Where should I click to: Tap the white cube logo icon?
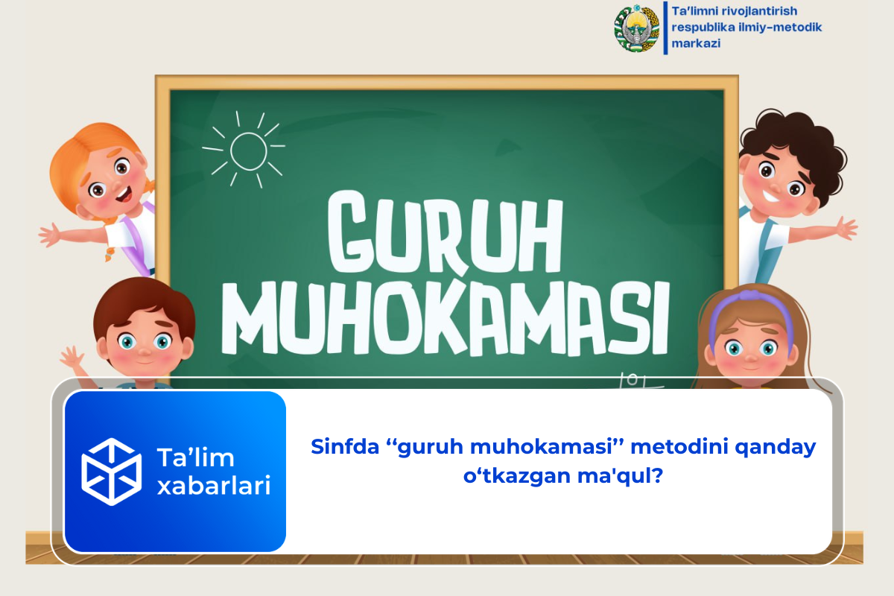pyautogui.click(x=111, y=471)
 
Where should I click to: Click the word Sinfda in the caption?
pyautogui.click(x=343, y=448)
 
